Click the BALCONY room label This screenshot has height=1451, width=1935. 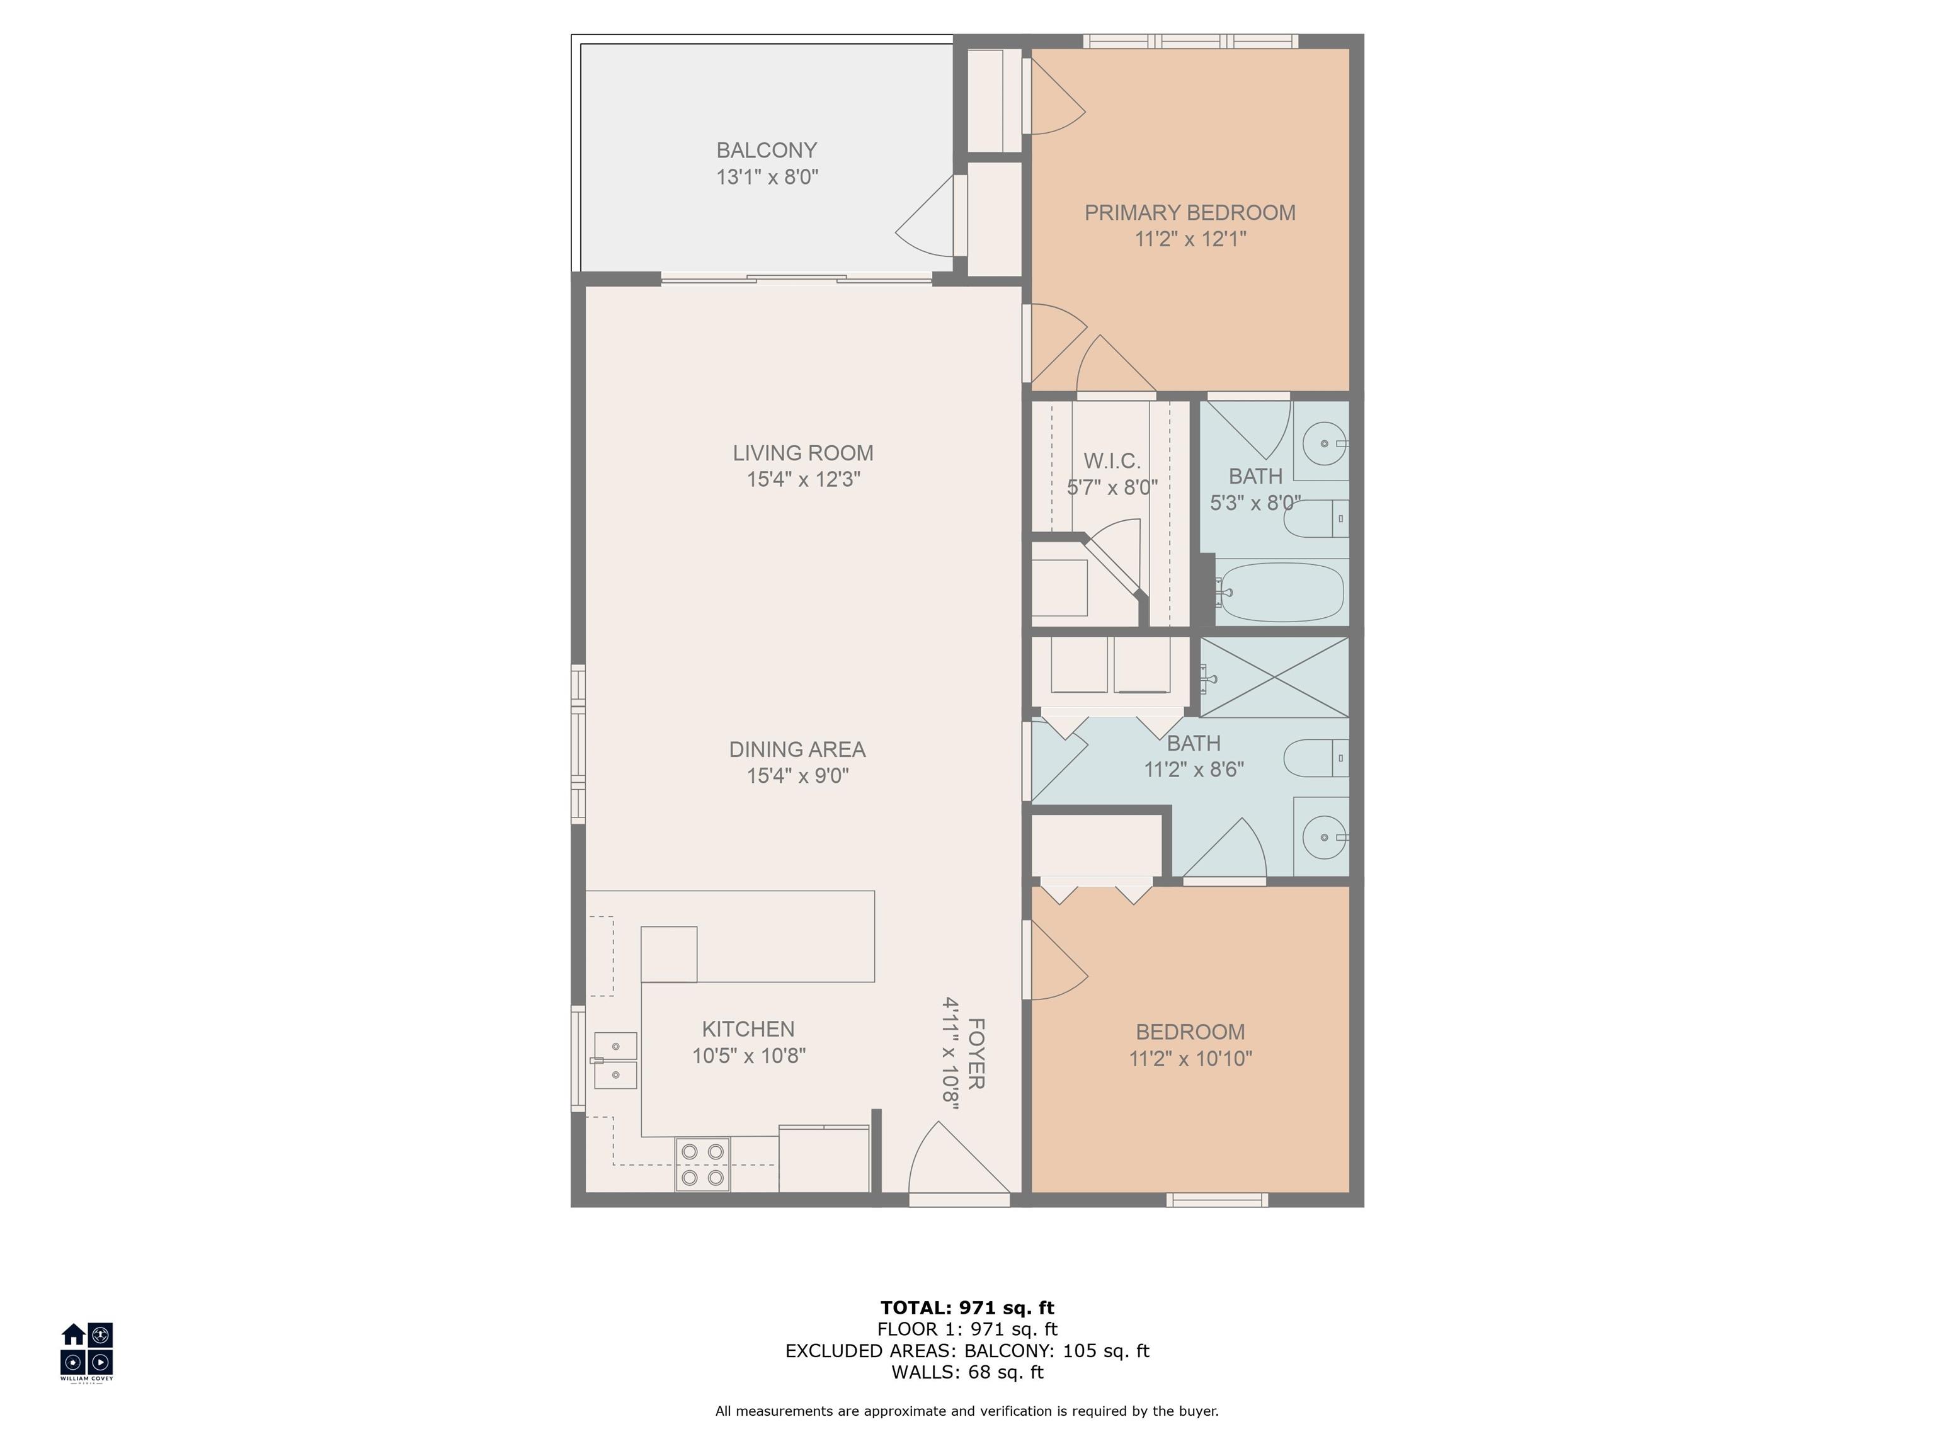click(x=767, y=151)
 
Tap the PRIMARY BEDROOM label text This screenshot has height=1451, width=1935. click(x=1190, y=212)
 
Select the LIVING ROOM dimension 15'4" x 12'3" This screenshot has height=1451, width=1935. click(x=803, y=479)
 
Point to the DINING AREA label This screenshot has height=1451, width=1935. click(x=797, y=749)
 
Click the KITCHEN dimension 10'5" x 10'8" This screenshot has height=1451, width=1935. click(x=749, y=1056)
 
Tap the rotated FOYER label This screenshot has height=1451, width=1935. click(x=977, y=1054)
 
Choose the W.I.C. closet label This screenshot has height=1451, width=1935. click(x=1112, y=461)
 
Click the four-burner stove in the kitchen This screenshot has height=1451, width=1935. click(x=702, y=1164)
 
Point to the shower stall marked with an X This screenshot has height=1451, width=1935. click(x=1274, y=677)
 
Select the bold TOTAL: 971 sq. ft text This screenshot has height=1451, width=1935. click(x=967, y=1307)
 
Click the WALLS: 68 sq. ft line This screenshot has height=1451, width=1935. click(x=967, y=1372)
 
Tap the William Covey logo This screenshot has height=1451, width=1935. click(x=86, y=1351)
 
